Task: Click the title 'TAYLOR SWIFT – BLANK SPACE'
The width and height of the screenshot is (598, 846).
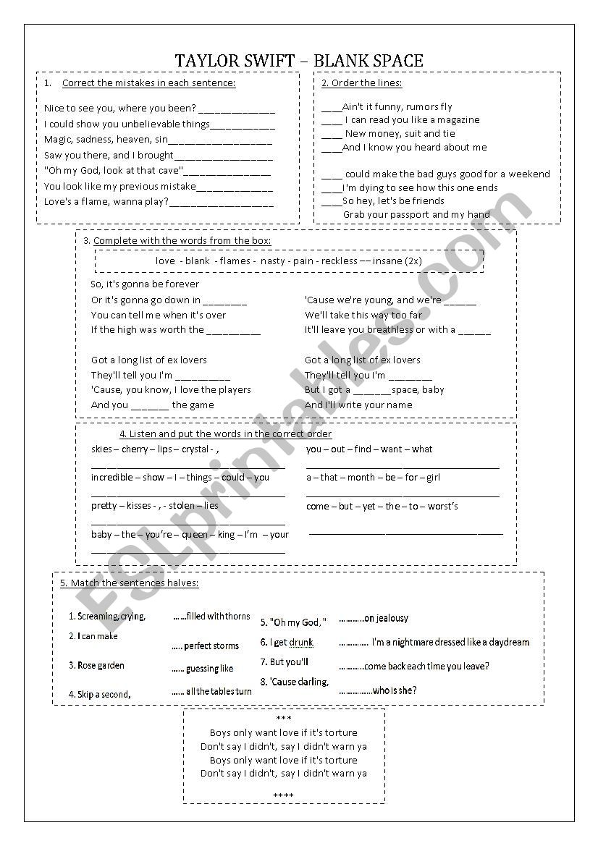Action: (x=299, y=61)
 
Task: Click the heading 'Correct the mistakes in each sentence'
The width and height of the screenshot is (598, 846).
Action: (x=149, y=83)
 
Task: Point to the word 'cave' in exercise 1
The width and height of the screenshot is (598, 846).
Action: (x=169, y=171)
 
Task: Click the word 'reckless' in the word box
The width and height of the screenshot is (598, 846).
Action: (x=340, y=261)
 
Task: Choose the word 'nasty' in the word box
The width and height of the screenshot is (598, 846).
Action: (x=272, y=261)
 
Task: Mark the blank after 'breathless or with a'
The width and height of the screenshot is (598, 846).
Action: (x=474, y=331)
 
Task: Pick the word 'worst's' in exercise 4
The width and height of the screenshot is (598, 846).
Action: (x=442, y=507)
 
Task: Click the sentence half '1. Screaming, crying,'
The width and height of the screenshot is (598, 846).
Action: (x=107, y=617)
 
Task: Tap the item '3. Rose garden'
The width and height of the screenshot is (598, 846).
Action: (x=96, y=666)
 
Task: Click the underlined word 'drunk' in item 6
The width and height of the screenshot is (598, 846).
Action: (x=301, y=643)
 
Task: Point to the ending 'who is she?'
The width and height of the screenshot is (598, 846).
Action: (x=395, y=690)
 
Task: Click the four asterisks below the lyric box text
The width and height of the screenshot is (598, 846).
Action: (x=284, y=796)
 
